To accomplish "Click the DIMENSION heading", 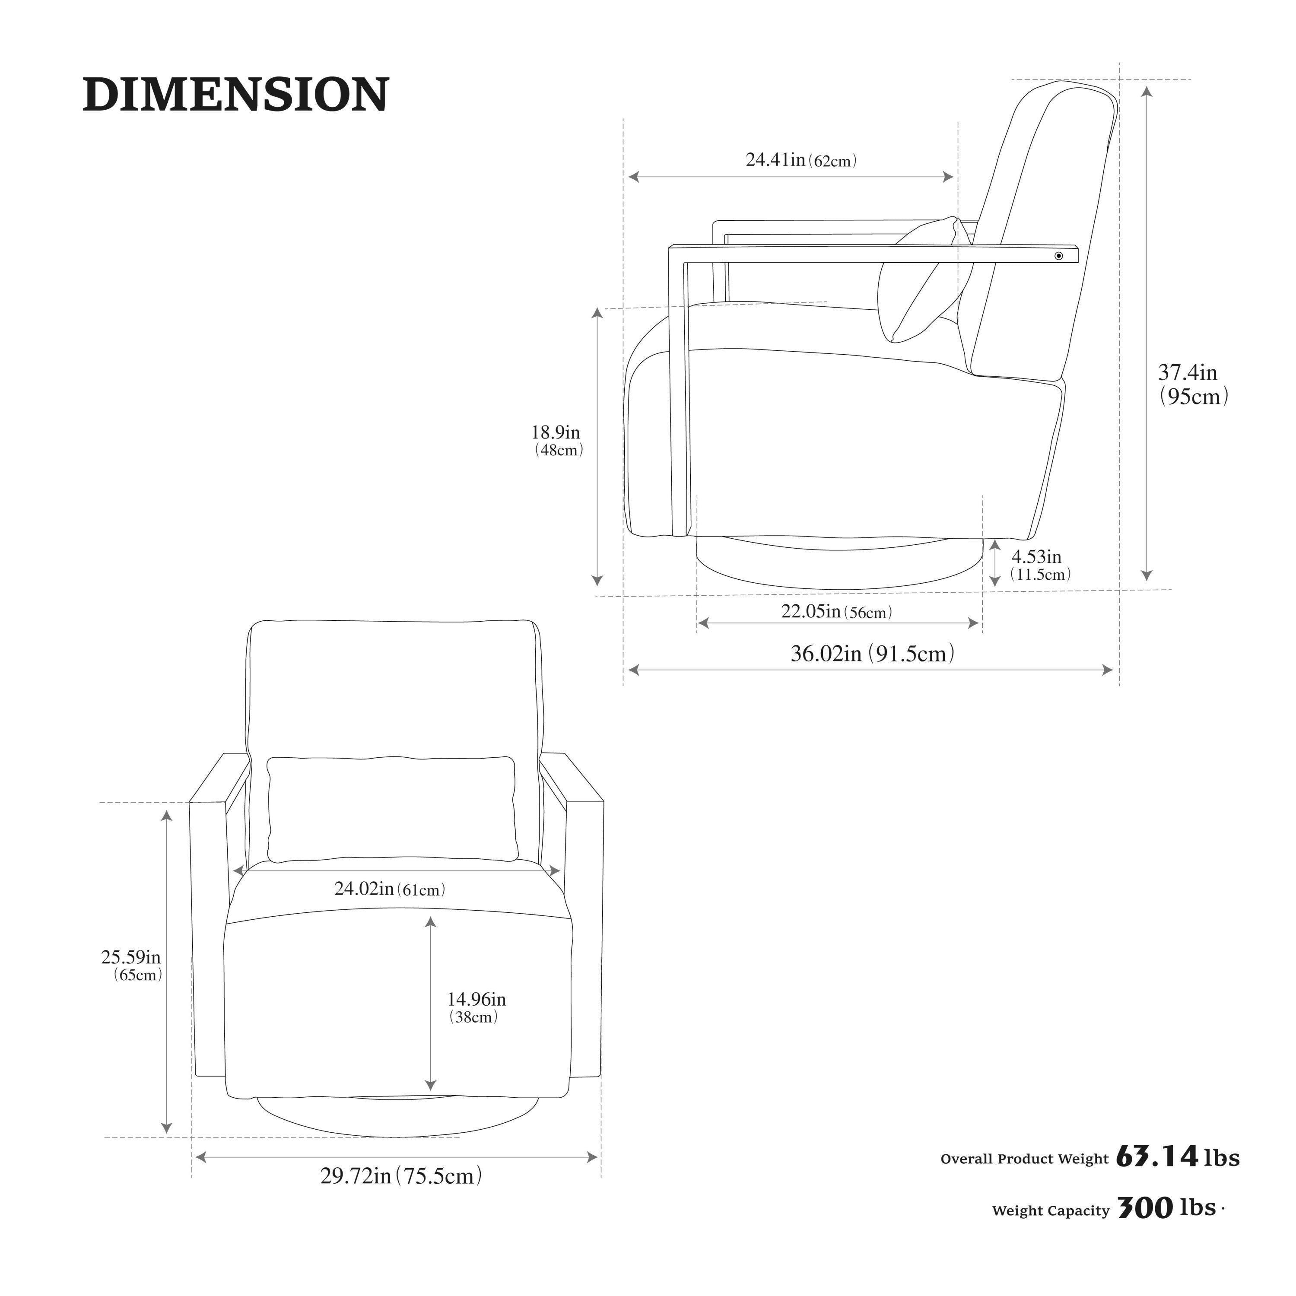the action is click(x=235, y=95).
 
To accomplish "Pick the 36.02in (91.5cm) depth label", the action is click(x=873, y=653).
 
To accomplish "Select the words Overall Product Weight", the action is click(x=1024, y=1159).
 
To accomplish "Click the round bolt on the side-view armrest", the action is click(x=1058, y=256).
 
